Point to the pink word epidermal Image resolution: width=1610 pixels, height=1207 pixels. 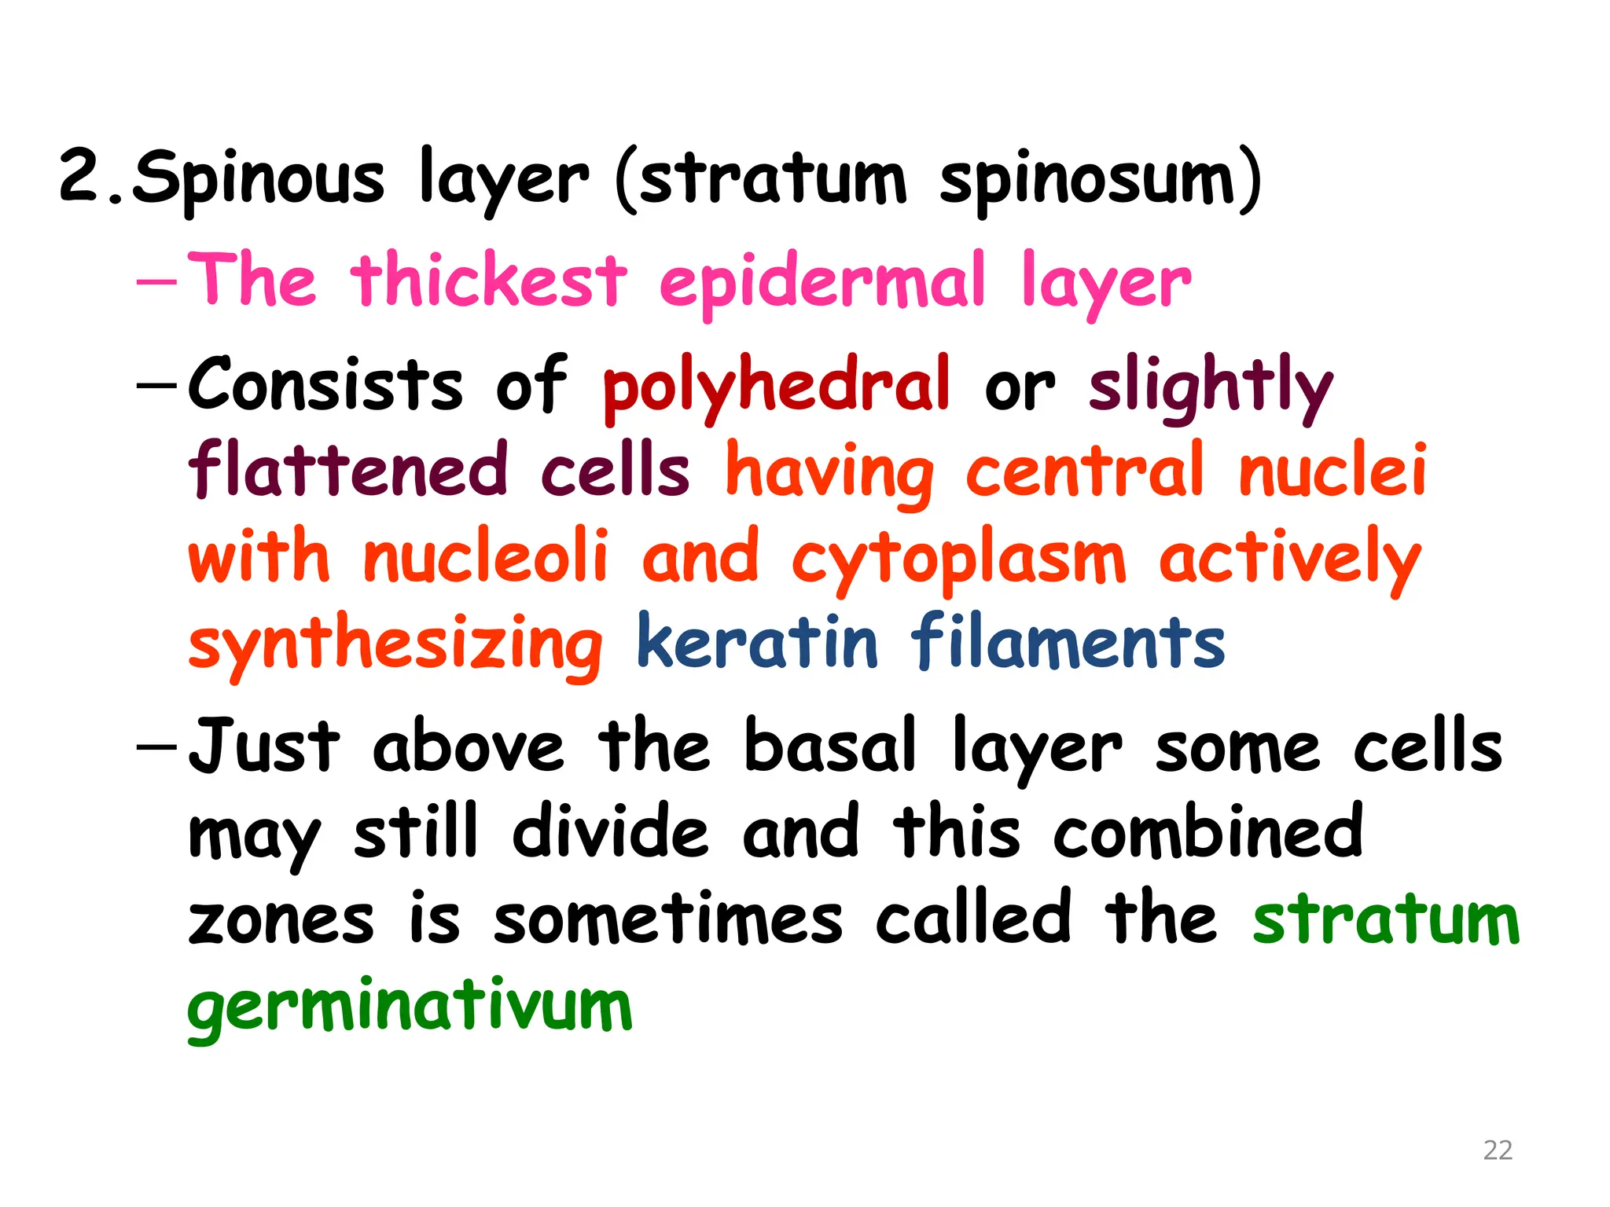pyautogui.click(x=822, y=281)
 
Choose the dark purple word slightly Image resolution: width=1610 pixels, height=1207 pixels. pyautogui.click(x=1211, y=385)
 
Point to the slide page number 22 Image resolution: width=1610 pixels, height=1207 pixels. pyautogui.click(x=1498, y=1150)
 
